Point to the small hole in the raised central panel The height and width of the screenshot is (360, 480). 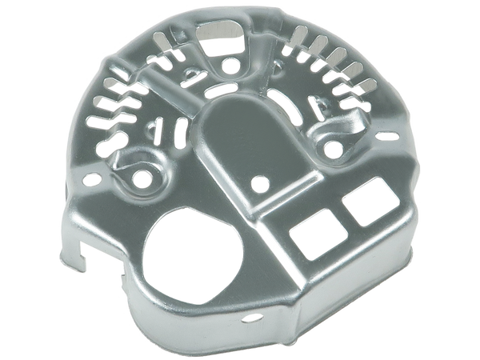(258, 183)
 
